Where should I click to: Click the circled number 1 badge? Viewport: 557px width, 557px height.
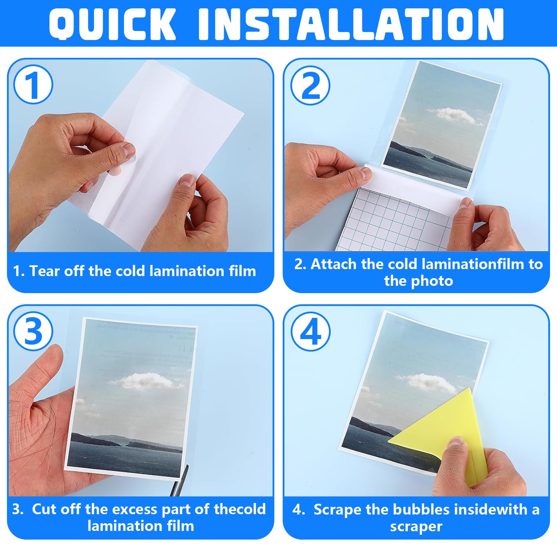tap(33, 85)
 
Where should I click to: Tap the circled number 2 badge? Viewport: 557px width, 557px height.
tap(310, 85)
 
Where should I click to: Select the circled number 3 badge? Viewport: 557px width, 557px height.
tap(33, 331)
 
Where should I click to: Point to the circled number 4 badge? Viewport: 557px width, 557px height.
tap(310, 331)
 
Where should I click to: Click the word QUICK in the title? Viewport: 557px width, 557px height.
tap(112, 24)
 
